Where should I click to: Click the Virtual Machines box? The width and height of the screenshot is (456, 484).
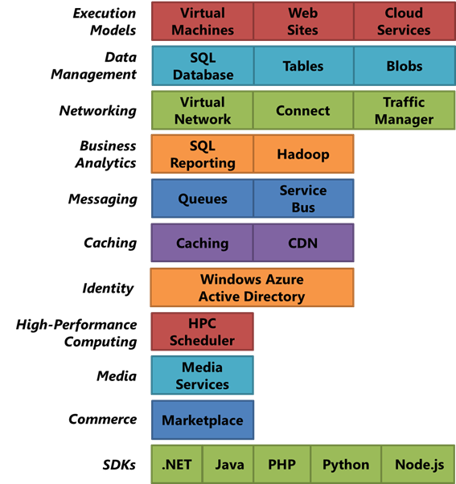pyautogui.click(x=203, y=21)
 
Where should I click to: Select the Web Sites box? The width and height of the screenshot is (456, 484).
pyautogui.click(x=303, y=21)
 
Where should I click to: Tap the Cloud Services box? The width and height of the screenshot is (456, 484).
pyautogui.click(x=405, y=21)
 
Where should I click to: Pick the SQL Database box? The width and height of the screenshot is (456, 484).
pyautogui.click(x=203, y=66)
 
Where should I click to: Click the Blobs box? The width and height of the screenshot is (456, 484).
pyautogui.click(x=405, y=66)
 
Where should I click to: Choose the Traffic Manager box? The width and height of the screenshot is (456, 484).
pyautogui.click(x=405, y=110)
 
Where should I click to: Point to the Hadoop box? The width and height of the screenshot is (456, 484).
pyautogui.click(x=303, y=154)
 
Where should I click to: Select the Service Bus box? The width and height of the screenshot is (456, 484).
pyautogui.click(x=303, y=199)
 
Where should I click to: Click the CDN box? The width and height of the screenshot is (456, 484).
pyautogui.click(x=303, y=243)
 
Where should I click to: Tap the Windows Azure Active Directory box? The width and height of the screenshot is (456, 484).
pyautogui.click(x=253, y=287)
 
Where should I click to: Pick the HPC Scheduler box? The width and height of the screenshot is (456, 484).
pyautogui.click(x=202, y=331)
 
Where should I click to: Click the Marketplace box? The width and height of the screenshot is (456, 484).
pyautogui.click(x=203, y=420)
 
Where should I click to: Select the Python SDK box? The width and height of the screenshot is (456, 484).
pyautogui.click(x=346, y=464)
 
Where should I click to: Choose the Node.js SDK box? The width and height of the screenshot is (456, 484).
pyautogui.click(x=418, y=464)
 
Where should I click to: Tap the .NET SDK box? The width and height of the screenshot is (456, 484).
pyautogui.click(x=177, y=464)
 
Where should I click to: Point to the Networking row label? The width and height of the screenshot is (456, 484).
pyautogui.click(x=98, y=110)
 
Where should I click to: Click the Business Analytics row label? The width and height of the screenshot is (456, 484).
pyautogui.click(x=105, y=154)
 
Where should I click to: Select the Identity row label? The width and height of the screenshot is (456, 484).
pyautogui.click(x=108, y=289)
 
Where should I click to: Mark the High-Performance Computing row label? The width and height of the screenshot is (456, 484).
pyautogui.click(x=76, y=333)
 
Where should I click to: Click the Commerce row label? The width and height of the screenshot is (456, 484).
pyautogui.click(x=102, y=419)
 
